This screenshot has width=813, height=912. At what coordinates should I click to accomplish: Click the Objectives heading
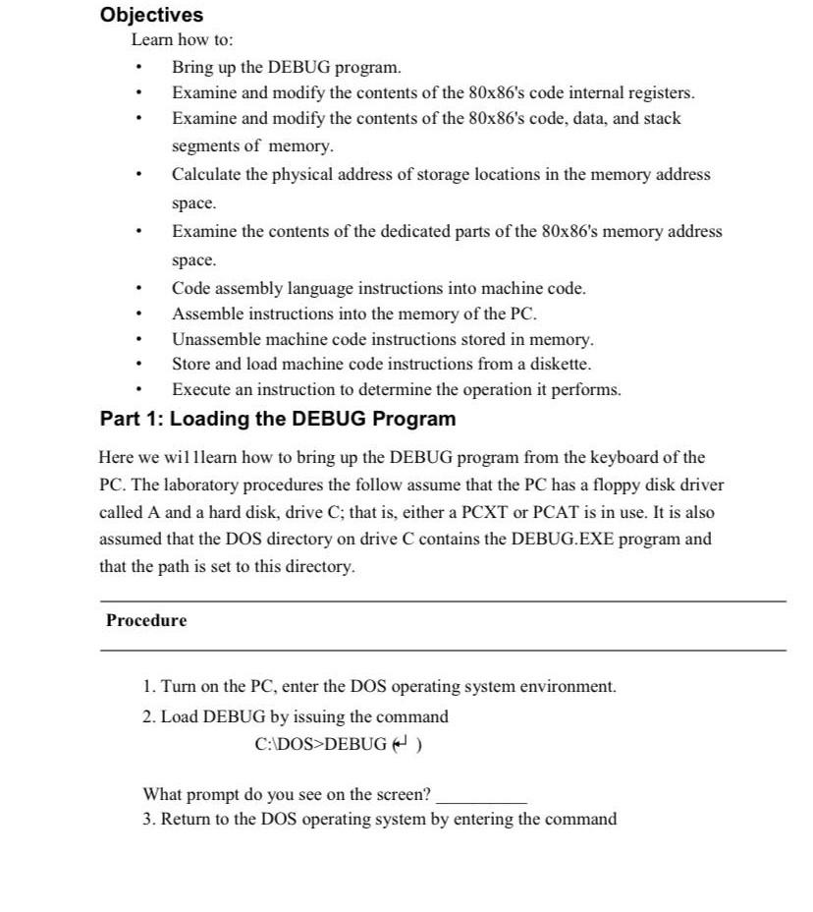(x=152, y=15)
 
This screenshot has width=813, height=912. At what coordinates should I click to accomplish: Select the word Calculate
(x=204, y=174)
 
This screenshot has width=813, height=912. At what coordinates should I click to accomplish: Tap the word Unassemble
(x=213, y=339)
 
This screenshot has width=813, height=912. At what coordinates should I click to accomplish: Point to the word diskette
(x=561, y=364)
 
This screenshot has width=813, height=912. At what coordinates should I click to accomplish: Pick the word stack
(x=662, y=118)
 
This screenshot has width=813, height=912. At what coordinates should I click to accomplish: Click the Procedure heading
(x=146, y=621)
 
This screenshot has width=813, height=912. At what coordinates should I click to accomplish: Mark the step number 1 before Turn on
(x=147, y=687)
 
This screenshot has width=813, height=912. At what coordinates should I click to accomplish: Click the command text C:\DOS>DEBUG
(x=320, y=744)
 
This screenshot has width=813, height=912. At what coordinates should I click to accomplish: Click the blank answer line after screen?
(x=481, y=796)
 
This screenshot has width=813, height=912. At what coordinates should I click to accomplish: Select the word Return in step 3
(x=186, y=819)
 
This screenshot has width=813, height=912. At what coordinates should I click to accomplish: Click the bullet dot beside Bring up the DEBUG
(x=141, y=68)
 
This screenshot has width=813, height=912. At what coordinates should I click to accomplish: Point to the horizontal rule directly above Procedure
(x=443, y=600)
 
